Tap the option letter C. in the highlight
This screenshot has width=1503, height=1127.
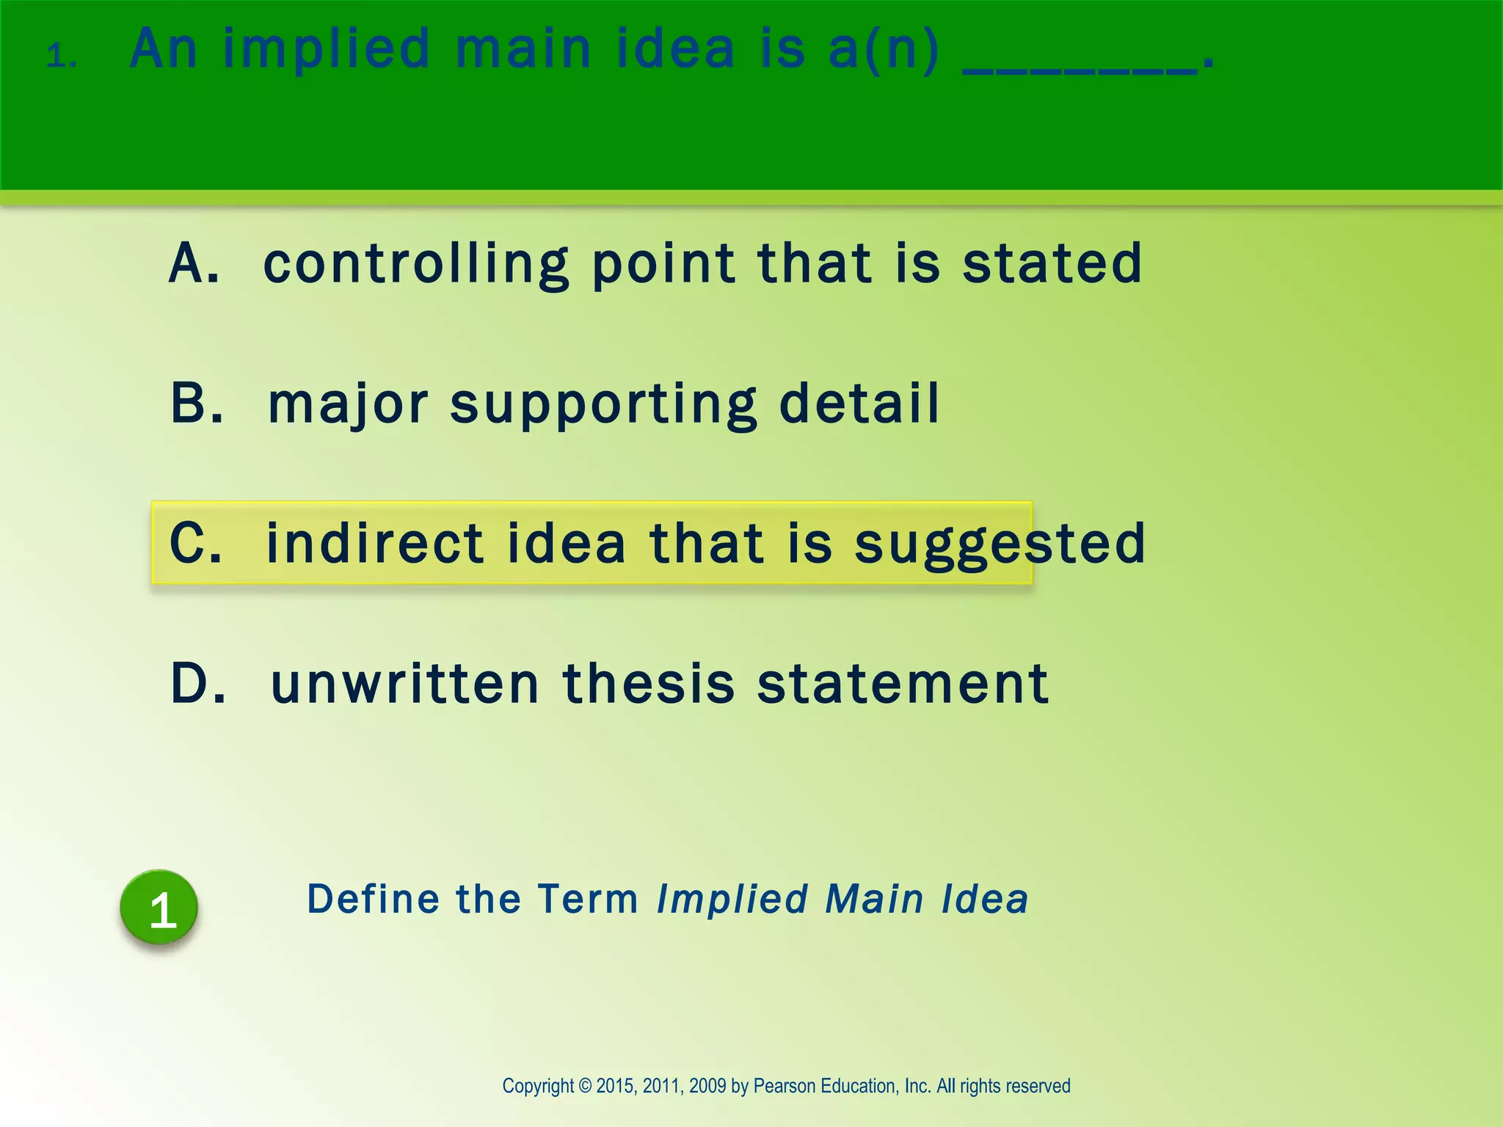[x=195, y=543]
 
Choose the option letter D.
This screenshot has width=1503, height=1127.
[x=197, y=683]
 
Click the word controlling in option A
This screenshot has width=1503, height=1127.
[x=416, y=265]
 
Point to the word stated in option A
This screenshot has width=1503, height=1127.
[x=1052, y=263]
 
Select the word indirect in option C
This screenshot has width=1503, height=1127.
[x=374, y=543]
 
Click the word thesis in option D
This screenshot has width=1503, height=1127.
[x=648, y=683]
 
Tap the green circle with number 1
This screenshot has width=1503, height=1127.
[x=159, y=907]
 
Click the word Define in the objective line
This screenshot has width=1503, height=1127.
[x=373, y=900]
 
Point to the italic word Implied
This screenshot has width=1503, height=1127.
[x=732, y=900]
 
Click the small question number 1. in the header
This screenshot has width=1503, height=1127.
[x=62, y=56]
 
